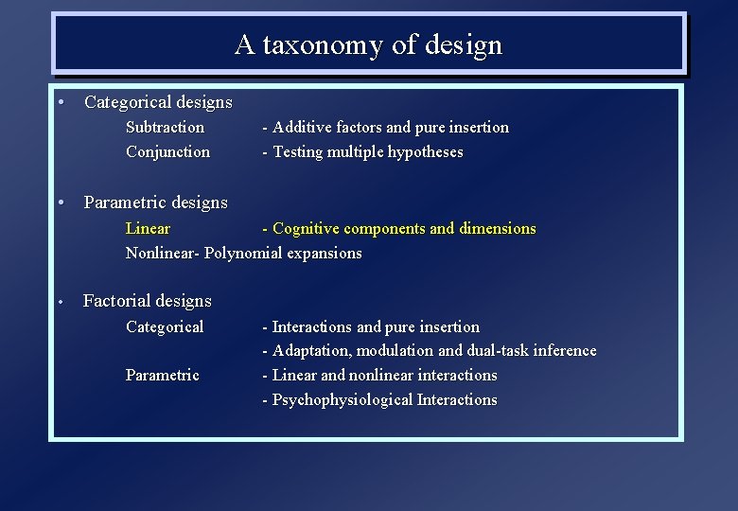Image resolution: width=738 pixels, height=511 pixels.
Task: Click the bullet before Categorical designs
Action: [x=60, y=101]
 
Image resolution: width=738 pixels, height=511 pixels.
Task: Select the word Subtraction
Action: [x=165, y=127]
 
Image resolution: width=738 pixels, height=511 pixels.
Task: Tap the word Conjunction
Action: [x=167, y=151]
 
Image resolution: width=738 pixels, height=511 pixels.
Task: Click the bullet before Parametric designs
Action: [x=60, y=202]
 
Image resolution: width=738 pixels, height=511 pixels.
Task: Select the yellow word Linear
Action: [x=148, y=228]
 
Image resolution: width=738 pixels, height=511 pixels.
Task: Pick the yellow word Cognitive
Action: [x=306, y=228]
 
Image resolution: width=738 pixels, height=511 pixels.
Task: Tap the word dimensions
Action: [x=497, y=228]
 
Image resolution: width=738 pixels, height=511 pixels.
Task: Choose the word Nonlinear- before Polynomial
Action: [x=163, y=253]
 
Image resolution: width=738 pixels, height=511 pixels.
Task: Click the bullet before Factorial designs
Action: [x=59, y=302]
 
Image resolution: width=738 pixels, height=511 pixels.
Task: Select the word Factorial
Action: [x=116, y=301]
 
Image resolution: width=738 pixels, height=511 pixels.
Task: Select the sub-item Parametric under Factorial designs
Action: [x=162, y=375]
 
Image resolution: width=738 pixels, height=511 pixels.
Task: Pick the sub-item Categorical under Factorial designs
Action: [x=164, y=326]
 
